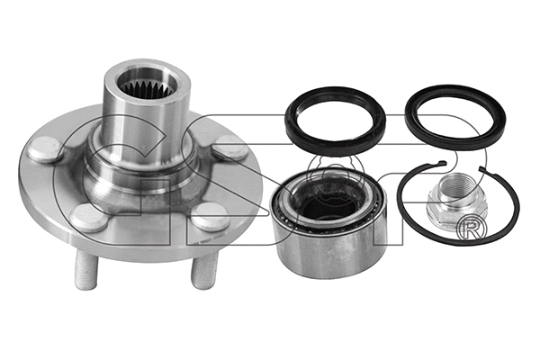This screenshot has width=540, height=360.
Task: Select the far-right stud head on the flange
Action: (232, 150)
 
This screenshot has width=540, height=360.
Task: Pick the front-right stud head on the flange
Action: (210, 216)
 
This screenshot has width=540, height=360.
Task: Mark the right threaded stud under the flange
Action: (200, 271)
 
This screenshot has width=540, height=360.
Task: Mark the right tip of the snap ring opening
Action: (482, 168)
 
